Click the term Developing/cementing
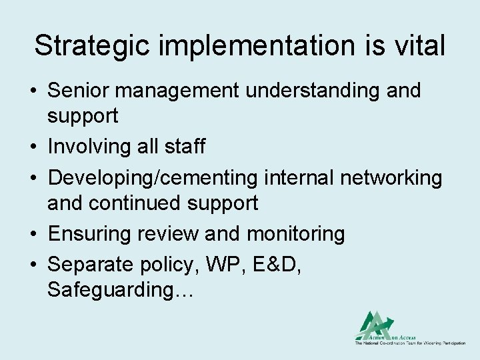click(153, 178)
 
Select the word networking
click(391, 178)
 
